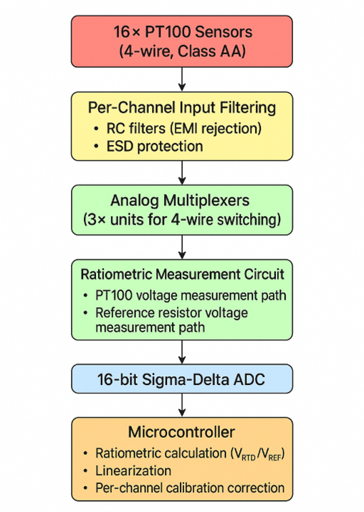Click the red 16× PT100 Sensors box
182,40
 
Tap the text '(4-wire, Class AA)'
182,52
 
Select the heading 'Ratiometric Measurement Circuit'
182,274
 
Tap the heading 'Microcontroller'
182,432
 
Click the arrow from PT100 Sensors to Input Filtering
182,78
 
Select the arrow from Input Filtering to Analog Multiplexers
182,172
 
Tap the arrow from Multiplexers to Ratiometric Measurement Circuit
182,246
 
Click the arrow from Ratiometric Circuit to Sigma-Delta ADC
182,352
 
